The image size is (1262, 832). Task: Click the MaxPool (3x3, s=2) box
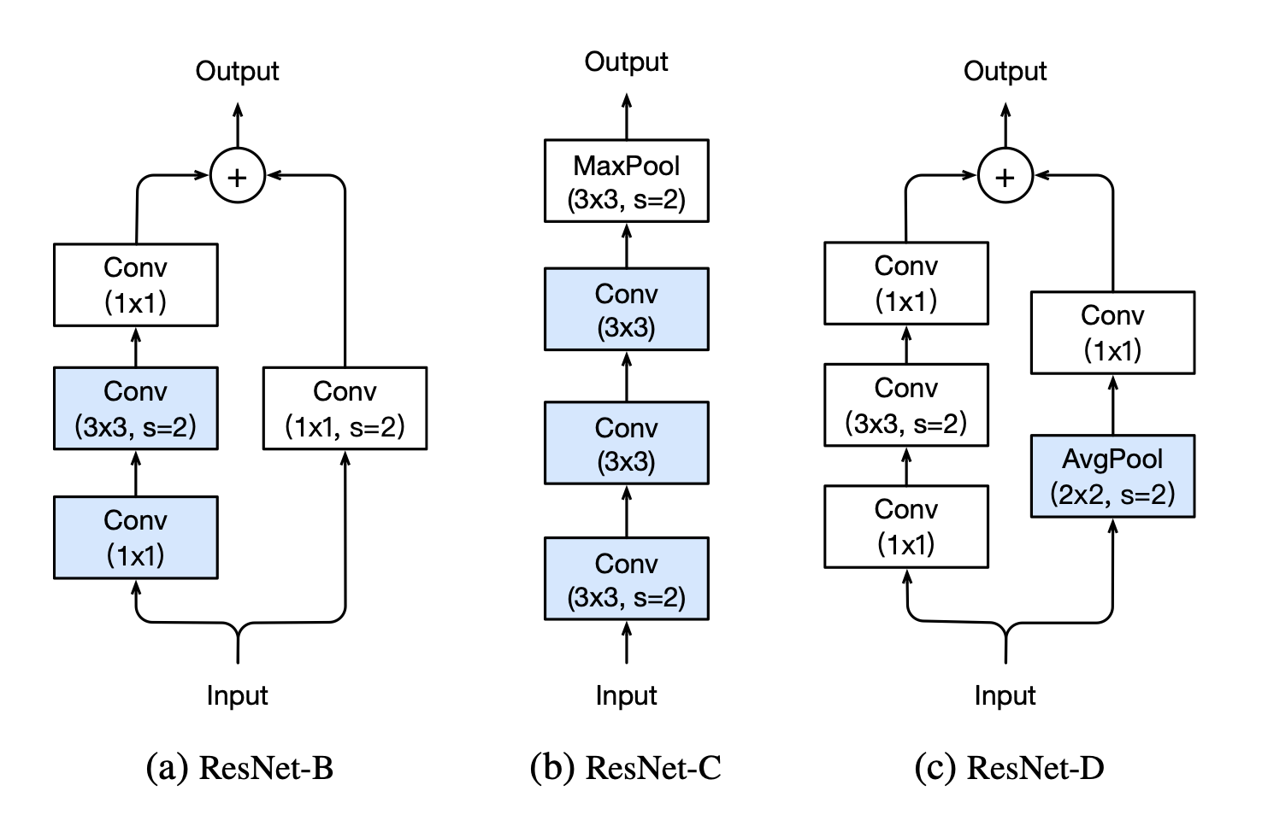click(x=626, y=181)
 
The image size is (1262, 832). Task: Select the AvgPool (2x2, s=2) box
click(x=1112, y=477)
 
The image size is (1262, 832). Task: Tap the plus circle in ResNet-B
click(x=237, y=177)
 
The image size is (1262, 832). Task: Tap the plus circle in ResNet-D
click(x=1005, y=177)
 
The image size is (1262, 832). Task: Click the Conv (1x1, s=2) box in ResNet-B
click(x=345, y=408)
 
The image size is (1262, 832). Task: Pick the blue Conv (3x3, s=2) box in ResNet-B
click(x=135, y=408)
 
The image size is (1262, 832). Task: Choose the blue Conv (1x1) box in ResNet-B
click(x=135, y=537)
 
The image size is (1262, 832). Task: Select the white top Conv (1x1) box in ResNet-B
click(x=135, y=284)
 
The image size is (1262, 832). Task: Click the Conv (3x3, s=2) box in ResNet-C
click(x=626, y=579)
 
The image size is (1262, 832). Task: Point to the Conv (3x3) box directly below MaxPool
click(x=626, y=309)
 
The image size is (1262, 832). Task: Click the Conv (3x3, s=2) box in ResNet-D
click(x=905, y=405)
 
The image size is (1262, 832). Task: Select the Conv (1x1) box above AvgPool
click(x=1112, y=332)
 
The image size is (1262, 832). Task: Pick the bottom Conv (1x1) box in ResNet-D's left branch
click(x=905, y=526)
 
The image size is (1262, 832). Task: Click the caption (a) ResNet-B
click(x=240, y=767)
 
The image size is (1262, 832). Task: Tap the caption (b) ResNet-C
click(x=626, y=767)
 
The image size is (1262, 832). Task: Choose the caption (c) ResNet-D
click(x=1009, y=767)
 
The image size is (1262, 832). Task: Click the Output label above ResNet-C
click(x=626, y=62)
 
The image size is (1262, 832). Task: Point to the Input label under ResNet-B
click(x=237, y=695)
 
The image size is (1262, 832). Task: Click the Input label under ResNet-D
click(x=1005, y=695)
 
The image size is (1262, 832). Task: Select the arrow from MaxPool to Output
click(x=626, y=116)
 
